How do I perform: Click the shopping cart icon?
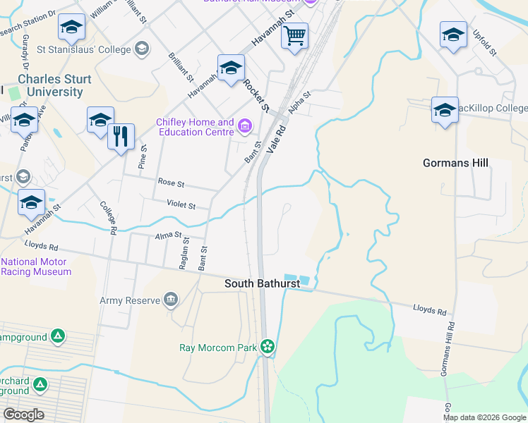[294, 35]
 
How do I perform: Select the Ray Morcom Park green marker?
[267, 346]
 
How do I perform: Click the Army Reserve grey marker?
[170, 300]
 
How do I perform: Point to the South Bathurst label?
[262, 283]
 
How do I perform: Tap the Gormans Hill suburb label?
[455, 163]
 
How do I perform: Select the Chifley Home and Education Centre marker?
[245, 127]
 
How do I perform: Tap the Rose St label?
[171, 183]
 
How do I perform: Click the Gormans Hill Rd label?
[450, 345]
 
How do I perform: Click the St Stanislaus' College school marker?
[142, 49]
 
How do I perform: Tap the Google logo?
[23, 415]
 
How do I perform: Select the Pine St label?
[143, 159]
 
